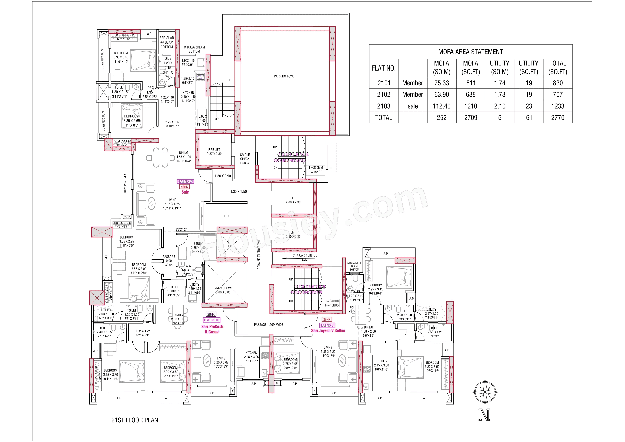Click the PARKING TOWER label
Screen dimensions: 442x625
[285, 76]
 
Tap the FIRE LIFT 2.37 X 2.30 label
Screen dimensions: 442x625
[214, 152]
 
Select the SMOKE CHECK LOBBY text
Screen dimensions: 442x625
[245, 159]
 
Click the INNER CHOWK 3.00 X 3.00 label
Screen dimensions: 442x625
[223, 290]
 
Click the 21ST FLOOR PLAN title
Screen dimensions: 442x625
[134, 420]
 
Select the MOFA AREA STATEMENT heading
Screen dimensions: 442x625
[470, 52]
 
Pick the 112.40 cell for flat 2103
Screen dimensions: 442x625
[441, 106]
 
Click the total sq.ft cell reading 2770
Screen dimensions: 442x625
[558, 118]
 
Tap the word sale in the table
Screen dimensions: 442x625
[413, 106]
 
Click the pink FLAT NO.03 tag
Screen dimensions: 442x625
[185, 181]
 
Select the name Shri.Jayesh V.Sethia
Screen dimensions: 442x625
[328, 331]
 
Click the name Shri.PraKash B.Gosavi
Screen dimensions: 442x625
[212, 329]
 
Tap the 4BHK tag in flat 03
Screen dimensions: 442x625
[184, 187]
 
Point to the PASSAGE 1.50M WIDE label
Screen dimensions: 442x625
[268, 325]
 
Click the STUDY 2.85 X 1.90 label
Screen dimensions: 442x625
[198, 248]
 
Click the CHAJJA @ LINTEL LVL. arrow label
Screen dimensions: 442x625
[304, 257]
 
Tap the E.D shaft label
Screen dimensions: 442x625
[226, 216]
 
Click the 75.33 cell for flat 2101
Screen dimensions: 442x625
[441, 83]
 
